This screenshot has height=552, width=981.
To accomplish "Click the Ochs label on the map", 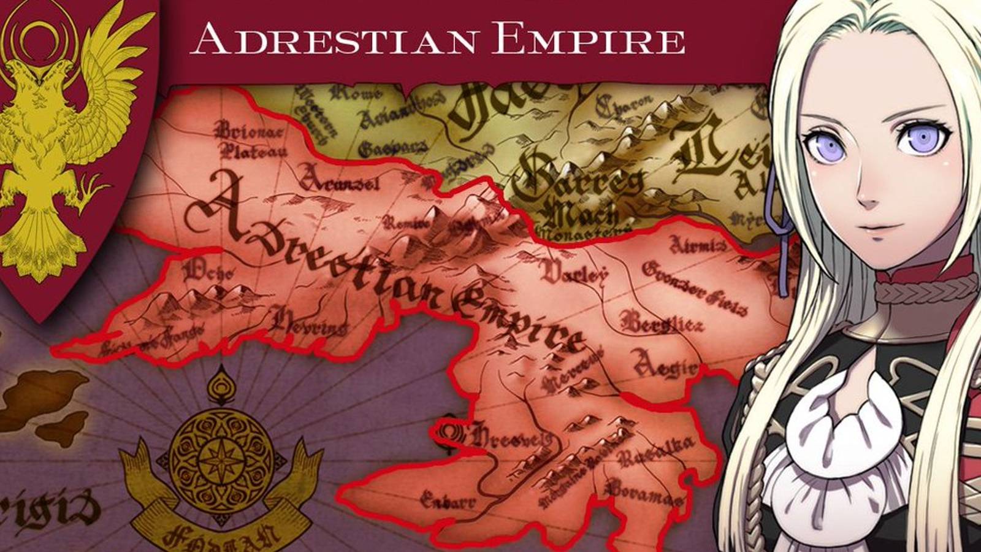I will (x=208, y=270).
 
